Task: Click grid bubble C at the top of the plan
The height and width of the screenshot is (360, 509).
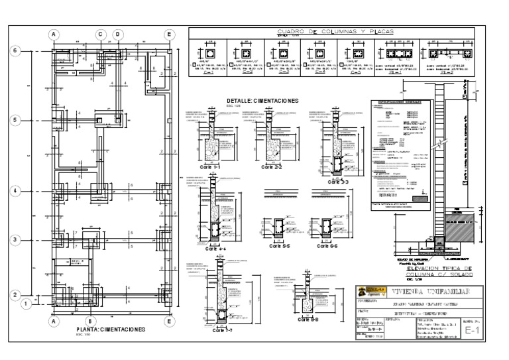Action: click(x=101, y=34)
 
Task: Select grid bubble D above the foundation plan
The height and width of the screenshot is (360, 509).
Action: click(x=117, y=34)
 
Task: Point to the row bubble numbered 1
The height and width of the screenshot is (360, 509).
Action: click(x=25, y=304)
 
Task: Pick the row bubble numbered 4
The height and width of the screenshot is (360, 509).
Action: click(x=19, y=190)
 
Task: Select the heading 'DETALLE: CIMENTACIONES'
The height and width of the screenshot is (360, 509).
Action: click(x=262, y=101)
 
